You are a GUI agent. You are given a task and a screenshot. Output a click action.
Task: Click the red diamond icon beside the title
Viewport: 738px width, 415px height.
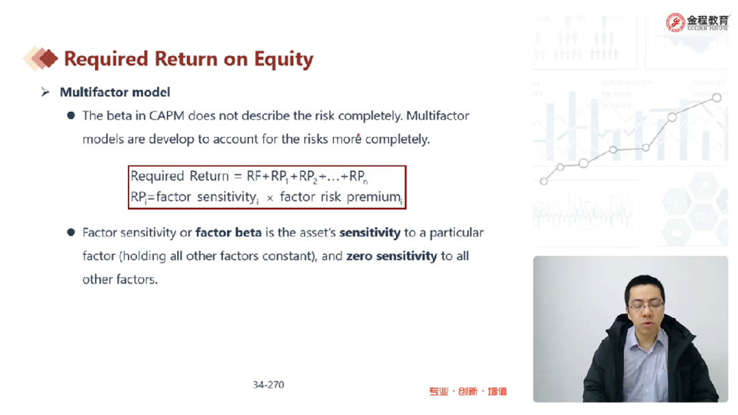pyautogui.click(x=47, y=58)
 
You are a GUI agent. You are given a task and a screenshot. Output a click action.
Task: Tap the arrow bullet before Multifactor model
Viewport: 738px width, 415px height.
pyautogui.click(x=45, y=92)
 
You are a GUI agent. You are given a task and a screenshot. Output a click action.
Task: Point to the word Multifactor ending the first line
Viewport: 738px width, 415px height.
pyautogui.click(x=437, y=116)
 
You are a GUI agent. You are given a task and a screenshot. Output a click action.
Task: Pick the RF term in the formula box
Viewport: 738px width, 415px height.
pyautogui.click(x=254, y=176)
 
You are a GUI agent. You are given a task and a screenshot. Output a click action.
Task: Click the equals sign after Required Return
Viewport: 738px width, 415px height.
pyautogui.click(x=238, y=176)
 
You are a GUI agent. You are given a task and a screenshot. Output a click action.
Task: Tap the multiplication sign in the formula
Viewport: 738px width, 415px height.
pyautogui.click(x=270, y=198)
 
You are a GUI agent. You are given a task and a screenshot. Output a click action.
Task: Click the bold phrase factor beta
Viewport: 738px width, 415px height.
pyautogui.click(x=228, y=232)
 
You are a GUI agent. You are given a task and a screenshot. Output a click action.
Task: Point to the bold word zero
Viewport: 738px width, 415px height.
pyautogui.click(x=359, y=256)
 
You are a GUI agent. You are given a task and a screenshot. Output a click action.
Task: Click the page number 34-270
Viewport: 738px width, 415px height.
pyautogui.click(x=269, y=385)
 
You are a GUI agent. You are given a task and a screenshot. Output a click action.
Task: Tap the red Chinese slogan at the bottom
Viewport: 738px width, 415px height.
pyautogui.click(x=468, y=392)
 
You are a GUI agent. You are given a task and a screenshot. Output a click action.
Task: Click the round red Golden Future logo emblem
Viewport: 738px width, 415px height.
pyautogui.click(x=675, y=22)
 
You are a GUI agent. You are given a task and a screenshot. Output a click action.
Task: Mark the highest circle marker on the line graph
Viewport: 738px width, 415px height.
pyautogui.click(x=716, y=98)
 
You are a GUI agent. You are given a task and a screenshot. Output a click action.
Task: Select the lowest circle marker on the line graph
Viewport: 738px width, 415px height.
pyautogui.click(x=544, y=181)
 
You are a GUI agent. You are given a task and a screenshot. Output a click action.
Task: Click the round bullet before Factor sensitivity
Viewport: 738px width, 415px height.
pyautogui.click(x=71, y=232)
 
